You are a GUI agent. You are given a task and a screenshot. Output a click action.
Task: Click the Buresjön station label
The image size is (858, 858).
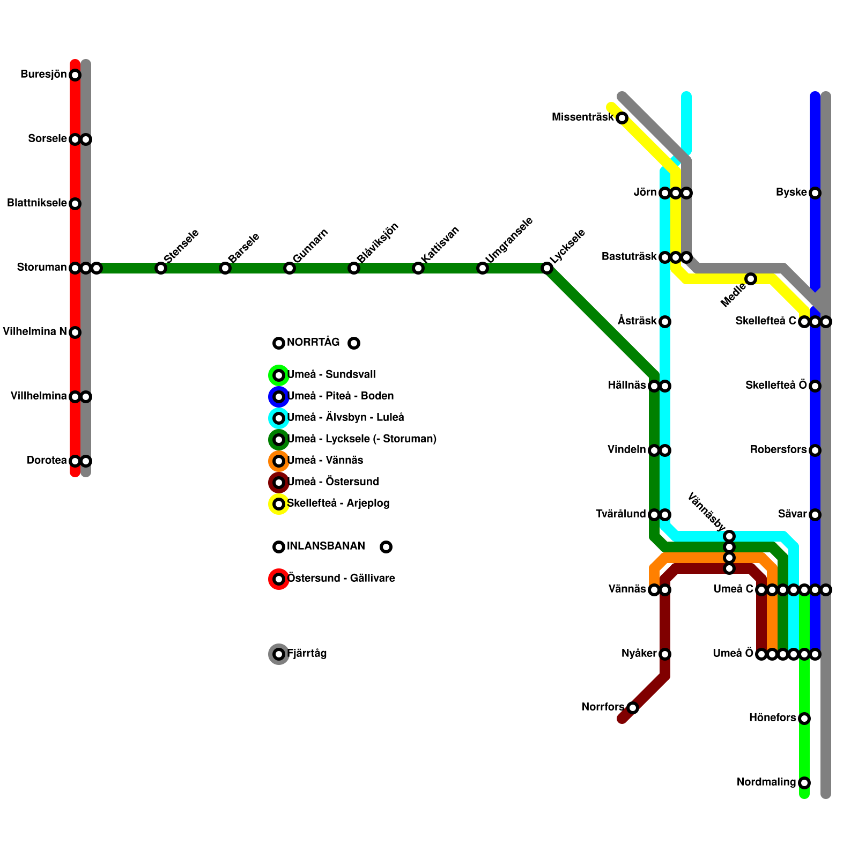click(x=43, y=75)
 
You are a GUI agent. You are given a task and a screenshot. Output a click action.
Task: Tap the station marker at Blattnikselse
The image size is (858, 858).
click(x=75, y=204)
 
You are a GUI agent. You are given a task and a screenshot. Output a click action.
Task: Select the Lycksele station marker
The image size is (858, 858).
click(x=547, y=268)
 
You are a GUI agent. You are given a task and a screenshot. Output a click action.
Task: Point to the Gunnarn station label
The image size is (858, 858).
click(x=310, y=246)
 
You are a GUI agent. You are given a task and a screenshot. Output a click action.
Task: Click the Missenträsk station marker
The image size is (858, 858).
click(x=622, y=118)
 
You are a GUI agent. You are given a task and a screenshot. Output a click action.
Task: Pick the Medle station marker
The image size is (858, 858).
click(x=751, y=279)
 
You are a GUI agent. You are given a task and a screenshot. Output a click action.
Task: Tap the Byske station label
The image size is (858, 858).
click(x=791, y=193)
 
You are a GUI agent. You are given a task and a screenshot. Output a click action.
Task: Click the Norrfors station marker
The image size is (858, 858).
click(x=633, y=708)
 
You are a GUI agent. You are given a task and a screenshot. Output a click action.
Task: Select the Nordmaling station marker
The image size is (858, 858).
click(x=804, y=783)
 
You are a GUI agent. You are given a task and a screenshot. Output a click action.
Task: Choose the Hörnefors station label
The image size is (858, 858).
click(x=772, y=718)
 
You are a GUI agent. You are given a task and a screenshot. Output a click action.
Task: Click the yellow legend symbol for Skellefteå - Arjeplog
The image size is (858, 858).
click(x=279, y=504)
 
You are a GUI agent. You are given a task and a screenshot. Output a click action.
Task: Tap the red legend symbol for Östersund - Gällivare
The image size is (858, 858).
click(x=279, y=579)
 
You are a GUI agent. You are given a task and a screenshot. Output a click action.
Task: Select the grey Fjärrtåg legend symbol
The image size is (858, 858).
click(x=279, y=654)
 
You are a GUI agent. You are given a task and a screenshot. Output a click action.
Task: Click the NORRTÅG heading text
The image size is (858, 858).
click(x=313, y=343)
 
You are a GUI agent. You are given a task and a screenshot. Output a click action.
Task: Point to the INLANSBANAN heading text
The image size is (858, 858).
click(x=326, y=546)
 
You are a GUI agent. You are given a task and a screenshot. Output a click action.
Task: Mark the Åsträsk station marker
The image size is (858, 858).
click(x=665, y=322)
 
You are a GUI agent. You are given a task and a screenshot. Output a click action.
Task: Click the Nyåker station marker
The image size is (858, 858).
click(x=665, y=654)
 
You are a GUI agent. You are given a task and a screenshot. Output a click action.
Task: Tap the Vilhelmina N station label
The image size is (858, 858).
click(x=35, y=332)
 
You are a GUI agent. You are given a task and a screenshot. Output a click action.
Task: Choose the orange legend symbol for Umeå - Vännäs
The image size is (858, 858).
click(x=279, y=461)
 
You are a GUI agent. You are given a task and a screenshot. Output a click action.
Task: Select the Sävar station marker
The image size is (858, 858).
click(x=815, y=515)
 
